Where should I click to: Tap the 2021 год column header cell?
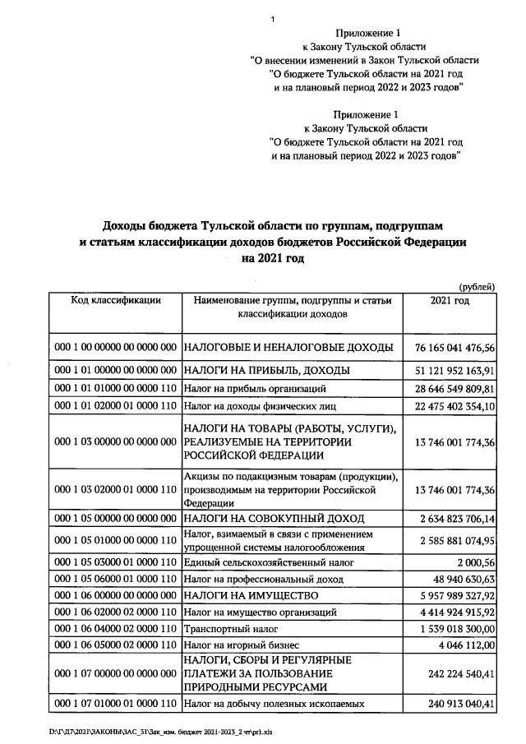(x=450, y=301)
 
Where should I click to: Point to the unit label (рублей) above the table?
(x=477, y=286)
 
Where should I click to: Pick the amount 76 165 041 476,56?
(x=451, y=347)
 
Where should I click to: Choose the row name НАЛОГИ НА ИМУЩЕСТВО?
(x=250, y=594)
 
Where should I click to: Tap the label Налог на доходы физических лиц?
(x=261, y=405)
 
